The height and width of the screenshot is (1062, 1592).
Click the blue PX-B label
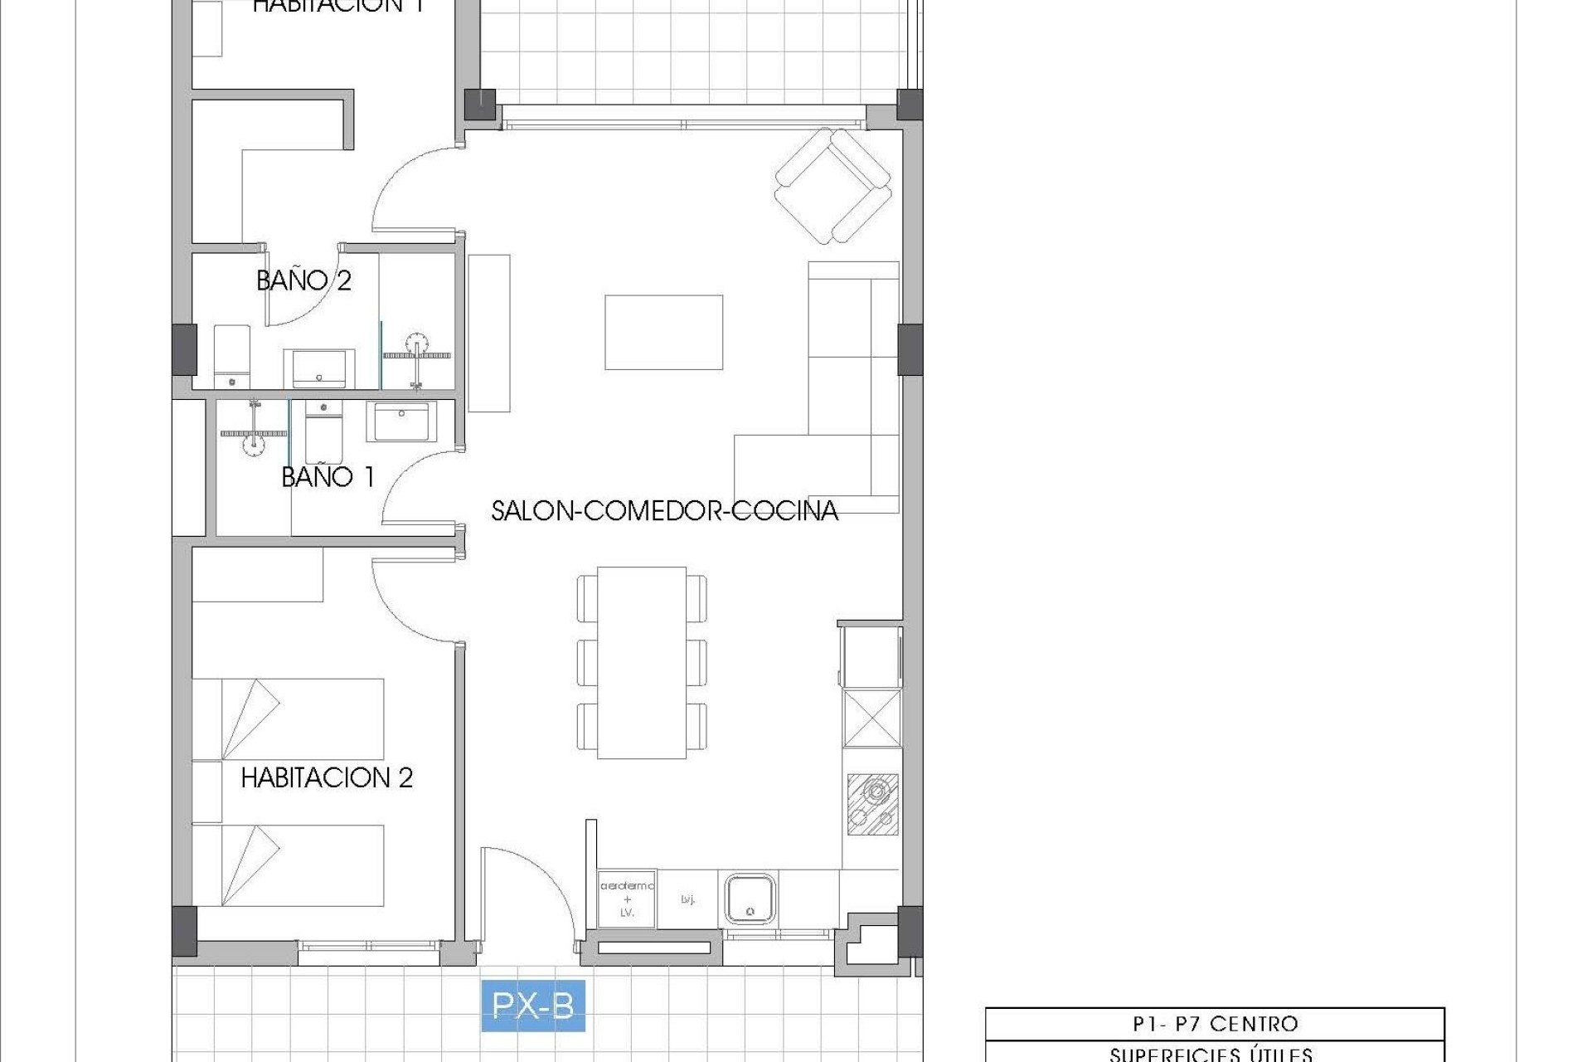tap(533, 1006)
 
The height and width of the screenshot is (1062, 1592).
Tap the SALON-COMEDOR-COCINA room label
tap(664, 510)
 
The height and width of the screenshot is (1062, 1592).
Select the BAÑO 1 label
tap(328, 477)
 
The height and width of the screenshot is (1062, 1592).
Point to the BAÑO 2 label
tap(303, 280)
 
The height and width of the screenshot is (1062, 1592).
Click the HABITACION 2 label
tap(327, 777)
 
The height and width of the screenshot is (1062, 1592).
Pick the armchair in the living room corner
tap(832, 185)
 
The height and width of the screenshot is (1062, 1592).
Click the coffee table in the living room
tap(663, 332)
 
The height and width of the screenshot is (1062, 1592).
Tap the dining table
tap(641, 662)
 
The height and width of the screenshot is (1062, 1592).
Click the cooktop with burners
tap(872, 804)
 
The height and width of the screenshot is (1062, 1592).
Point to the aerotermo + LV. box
tap(627, 899)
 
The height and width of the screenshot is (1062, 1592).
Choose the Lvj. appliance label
tap(687, 899)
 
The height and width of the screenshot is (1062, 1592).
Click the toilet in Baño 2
tap(231, 358)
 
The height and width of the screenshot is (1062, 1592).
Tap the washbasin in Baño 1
tap(401, 421)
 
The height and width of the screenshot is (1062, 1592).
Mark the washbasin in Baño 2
tap(319, 368)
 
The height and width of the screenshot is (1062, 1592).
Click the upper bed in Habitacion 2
tap(288, 719)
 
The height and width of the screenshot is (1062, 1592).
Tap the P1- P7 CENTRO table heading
tap(1215, 1024)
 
